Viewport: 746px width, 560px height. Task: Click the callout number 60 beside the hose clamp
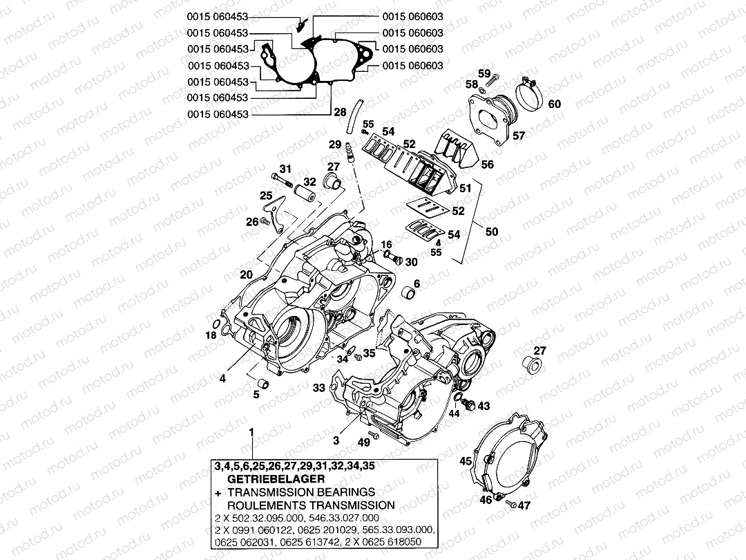point(555,104)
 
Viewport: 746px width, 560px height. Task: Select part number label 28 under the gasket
point(340,111)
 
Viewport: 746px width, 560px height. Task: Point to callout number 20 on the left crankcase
point(246,274)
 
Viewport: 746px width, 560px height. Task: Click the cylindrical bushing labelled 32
point(305,192)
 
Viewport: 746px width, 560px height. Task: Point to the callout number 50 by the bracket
point(491,231)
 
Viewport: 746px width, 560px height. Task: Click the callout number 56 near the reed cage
point(487,165)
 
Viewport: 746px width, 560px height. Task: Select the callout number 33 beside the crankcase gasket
point(318,389)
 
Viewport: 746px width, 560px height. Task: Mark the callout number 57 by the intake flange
point(517,136)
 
